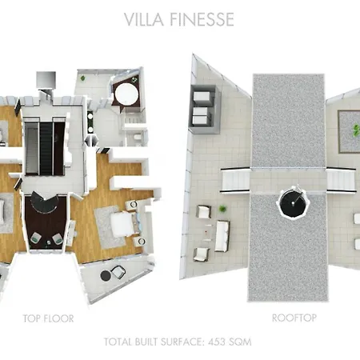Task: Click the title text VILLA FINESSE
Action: click(x=179, y=19)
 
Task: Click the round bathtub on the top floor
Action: click(x=125, y=94)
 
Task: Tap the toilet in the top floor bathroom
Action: click(x=136, y=137)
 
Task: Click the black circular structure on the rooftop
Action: click(x=290, y=206)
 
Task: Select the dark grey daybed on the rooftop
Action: click(x=201, y=104)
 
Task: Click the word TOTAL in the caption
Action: click(x=118, y=342)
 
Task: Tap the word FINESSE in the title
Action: click(x=204, y=19)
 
